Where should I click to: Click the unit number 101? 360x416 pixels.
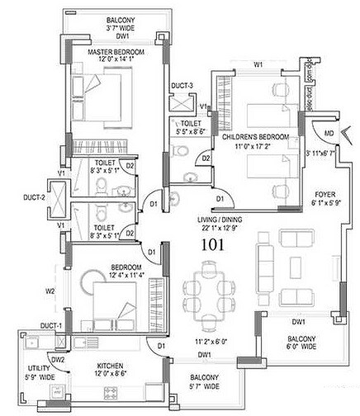tap(219, 244)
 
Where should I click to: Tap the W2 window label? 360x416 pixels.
tap(49, 290)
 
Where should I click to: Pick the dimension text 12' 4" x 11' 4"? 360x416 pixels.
tap(114, 277)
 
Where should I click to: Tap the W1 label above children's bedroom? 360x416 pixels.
tap(258, 64)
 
